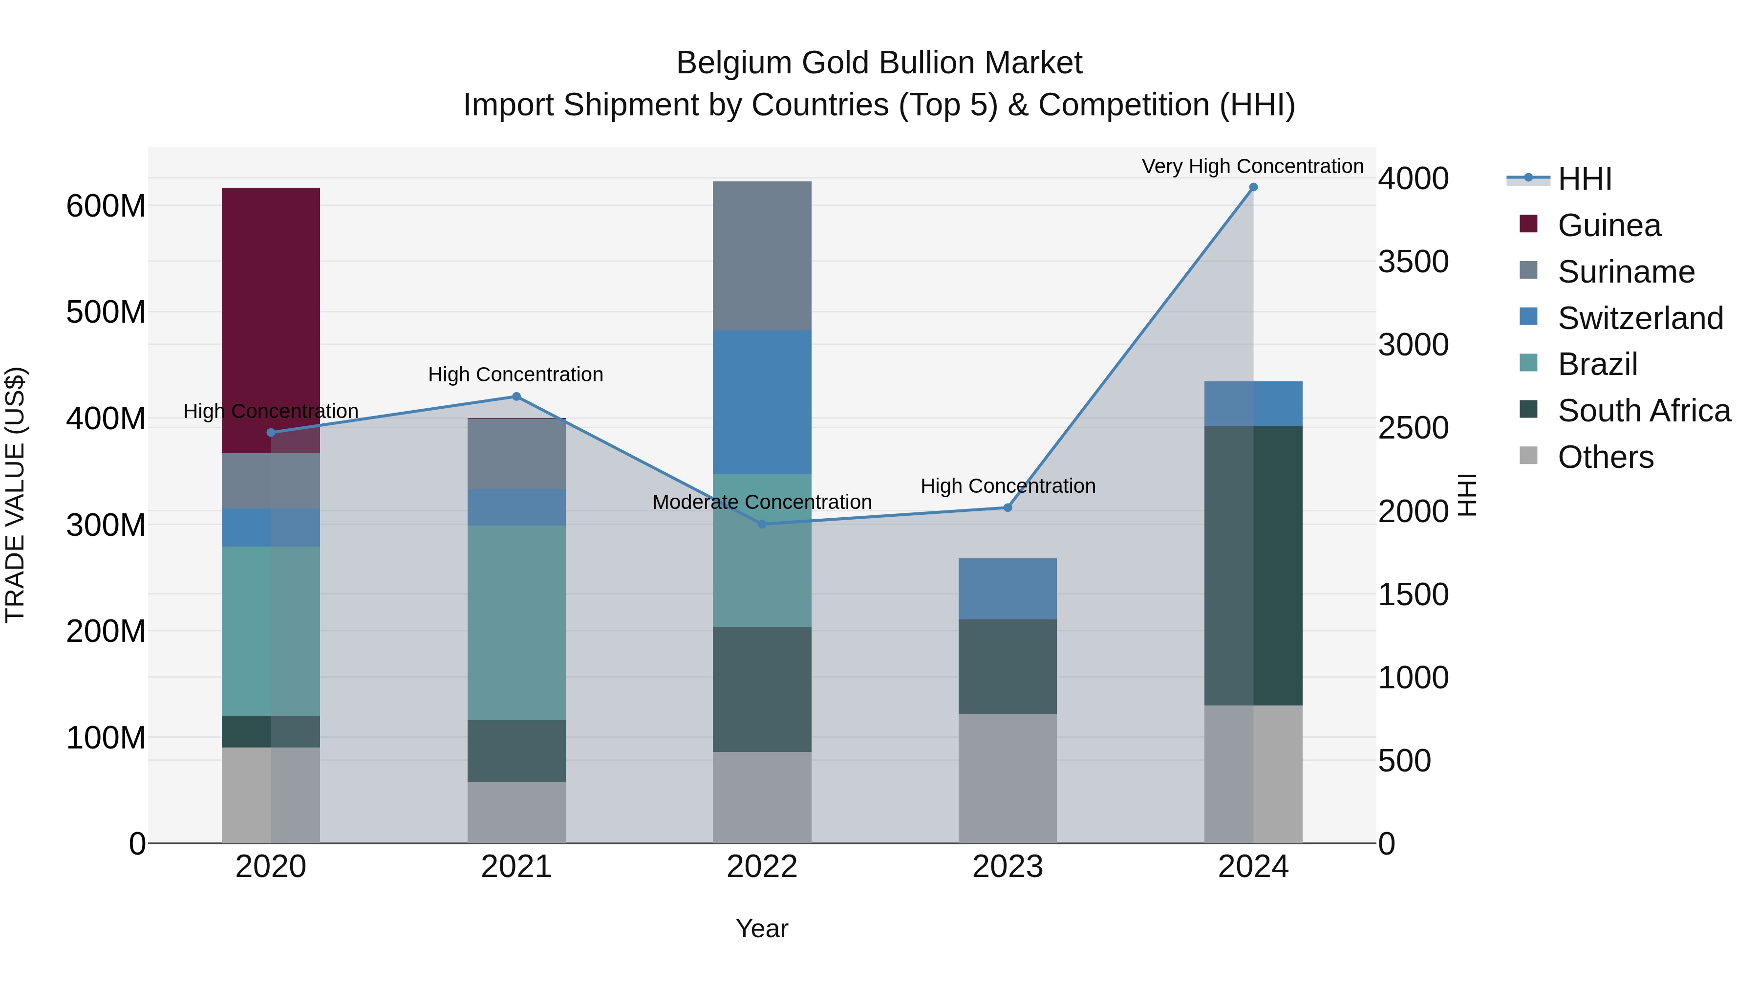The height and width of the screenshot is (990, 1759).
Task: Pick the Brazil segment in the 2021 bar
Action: [x=516, y=622]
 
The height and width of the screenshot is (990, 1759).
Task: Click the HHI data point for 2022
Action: [x=762, y=524]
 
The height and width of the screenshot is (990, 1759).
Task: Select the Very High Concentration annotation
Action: [x=1252, y=166]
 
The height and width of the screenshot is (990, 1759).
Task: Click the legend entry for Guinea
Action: [x=1609, y=225]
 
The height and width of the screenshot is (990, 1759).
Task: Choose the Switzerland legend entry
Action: [x=1640, y=318]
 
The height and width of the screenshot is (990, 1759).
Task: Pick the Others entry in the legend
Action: [x=1606, y=457]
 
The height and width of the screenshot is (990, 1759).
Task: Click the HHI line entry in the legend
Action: [x=1584, y=179]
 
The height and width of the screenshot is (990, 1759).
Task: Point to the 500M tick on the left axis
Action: [x=106, y=312]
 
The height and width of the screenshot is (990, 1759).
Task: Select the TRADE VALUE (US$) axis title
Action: [x=16, y=495]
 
